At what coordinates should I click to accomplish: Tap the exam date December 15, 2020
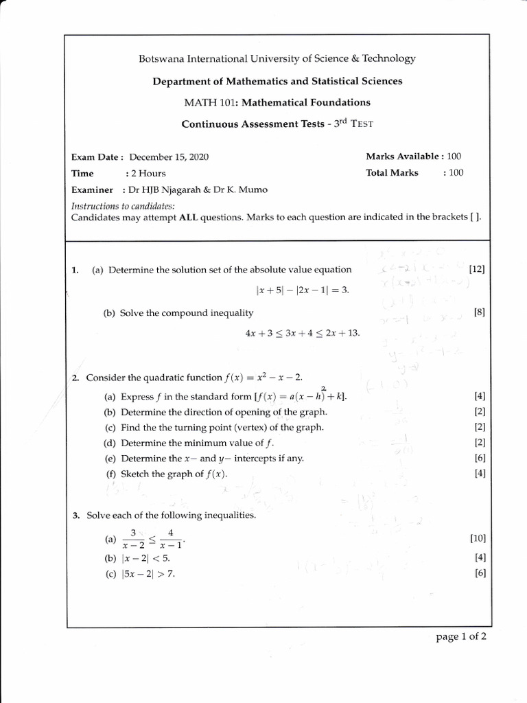click(x=169, y=157)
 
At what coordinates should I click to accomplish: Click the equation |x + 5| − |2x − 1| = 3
click(x=302, y=290)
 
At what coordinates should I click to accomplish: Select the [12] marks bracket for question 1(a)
click(x=477, y=270)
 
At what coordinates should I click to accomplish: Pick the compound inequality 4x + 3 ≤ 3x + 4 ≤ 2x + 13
click(x=302, y=333)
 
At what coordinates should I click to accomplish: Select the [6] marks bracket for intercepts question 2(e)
click(x=480, y=458)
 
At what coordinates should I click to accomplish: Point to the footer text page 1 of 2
click(x=461, y=636)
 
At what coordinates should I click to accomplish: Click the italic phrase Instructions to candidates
click(x=123, y=206)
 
